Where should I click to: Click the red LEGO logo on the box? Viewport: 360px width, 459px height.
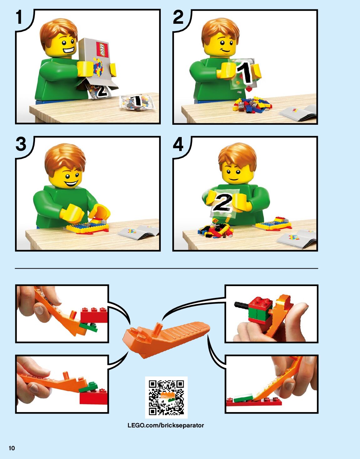(102, 50)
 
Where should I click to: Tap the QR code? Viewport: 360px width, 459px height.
(166, 398)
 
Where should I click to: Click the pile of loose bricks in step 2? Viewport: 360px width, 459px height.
(252, 104)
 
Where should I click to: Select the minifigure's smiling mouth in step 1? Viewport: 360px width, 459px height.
(68, 51)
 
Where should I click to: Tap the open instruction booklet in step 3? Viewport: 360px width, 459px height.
(138, 232)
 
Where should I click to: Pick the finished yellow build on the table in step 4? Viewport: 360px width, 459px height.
(274, 224)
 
